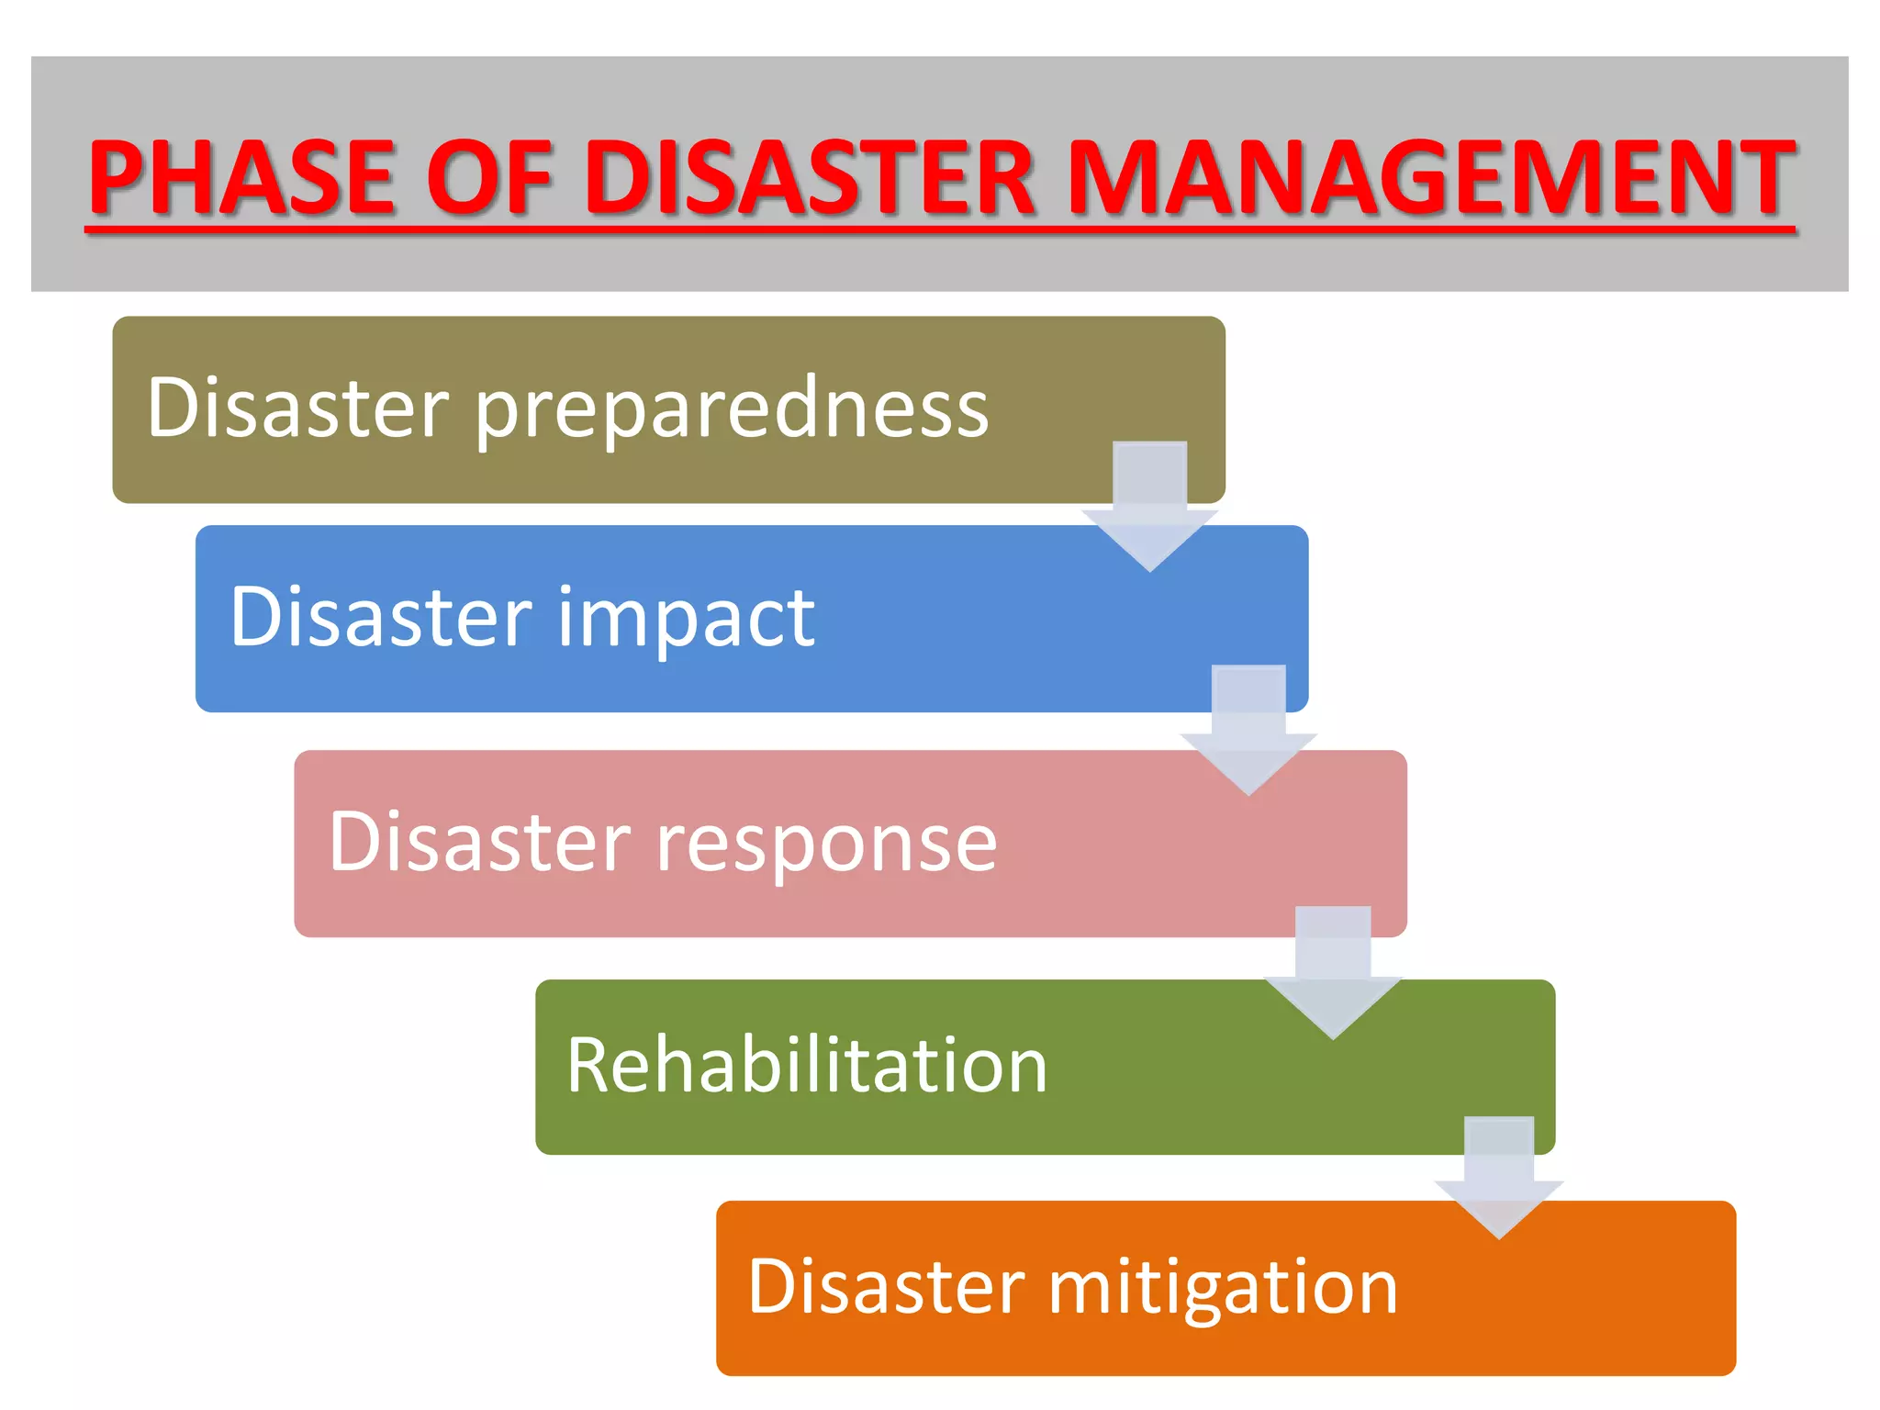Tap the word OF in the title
tap(489, 176)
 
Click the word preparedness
tap(732, 409)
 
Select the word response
tap(825, 843)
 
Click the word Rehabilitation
tap(806, 1065)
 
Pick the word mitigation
tap(1223, 1287)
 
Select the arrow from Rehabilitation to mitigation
tap(1499, 1180)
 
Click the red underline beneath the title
tap(940, 229)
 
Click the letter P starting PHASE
tap(117, 176)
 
